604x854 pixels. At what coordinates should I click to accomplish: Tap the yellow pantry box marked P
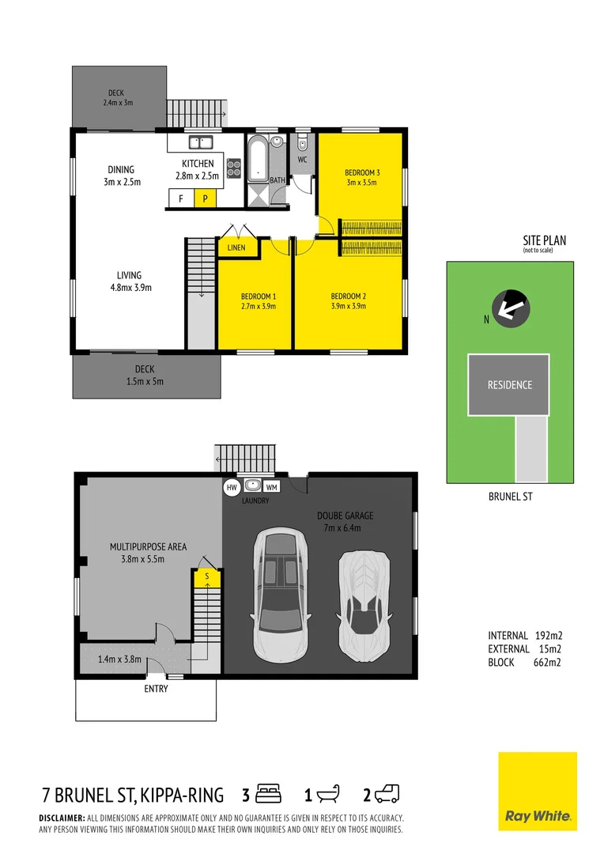coord(205,199)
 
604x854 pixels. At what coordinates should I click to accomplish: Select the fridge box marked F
coord(181,199)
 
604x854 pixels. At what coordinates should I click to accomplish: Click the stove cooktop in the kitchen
coord(235,167)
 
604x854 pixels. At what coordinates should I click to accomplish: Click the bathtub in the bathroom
coord(258,160)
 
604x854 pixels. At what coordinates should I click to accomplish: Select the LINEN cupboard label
coord(236,248)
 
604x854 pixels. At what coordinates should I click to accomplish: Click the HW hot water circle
coord(232,487)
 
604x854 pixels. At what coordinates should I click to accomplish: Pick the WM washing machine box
coord(271,487)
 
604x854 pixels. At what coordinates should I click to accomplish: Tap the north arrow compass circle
coord(508,308)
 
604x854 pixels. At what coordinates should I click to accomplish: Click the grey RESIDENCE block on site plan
coord(509,385)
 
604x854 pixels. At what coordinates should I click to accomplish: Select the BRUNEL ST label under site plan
coord(510,498)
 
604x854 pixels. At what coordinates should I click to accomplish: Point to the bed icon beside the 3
coord(270,792)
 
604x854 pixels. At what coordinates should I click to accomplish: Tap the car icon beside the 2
coord(388,792)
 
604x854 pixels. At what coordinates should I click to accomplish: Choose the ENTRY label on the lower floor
coord(156,689)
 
